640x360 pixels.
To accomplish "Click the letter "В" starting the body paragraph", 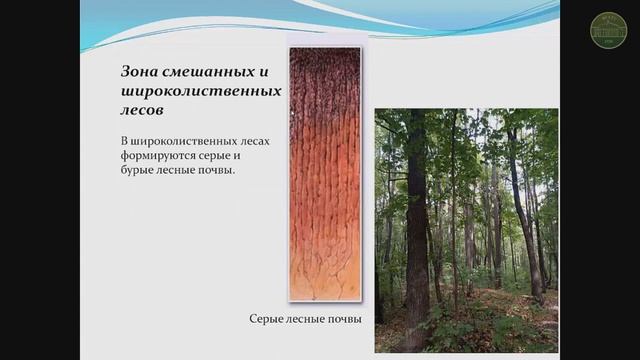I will pyautogui.click(x=115, y=143).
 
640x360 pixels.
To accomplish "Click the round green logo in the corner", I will pyautogui.click(x=609, y=30).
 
